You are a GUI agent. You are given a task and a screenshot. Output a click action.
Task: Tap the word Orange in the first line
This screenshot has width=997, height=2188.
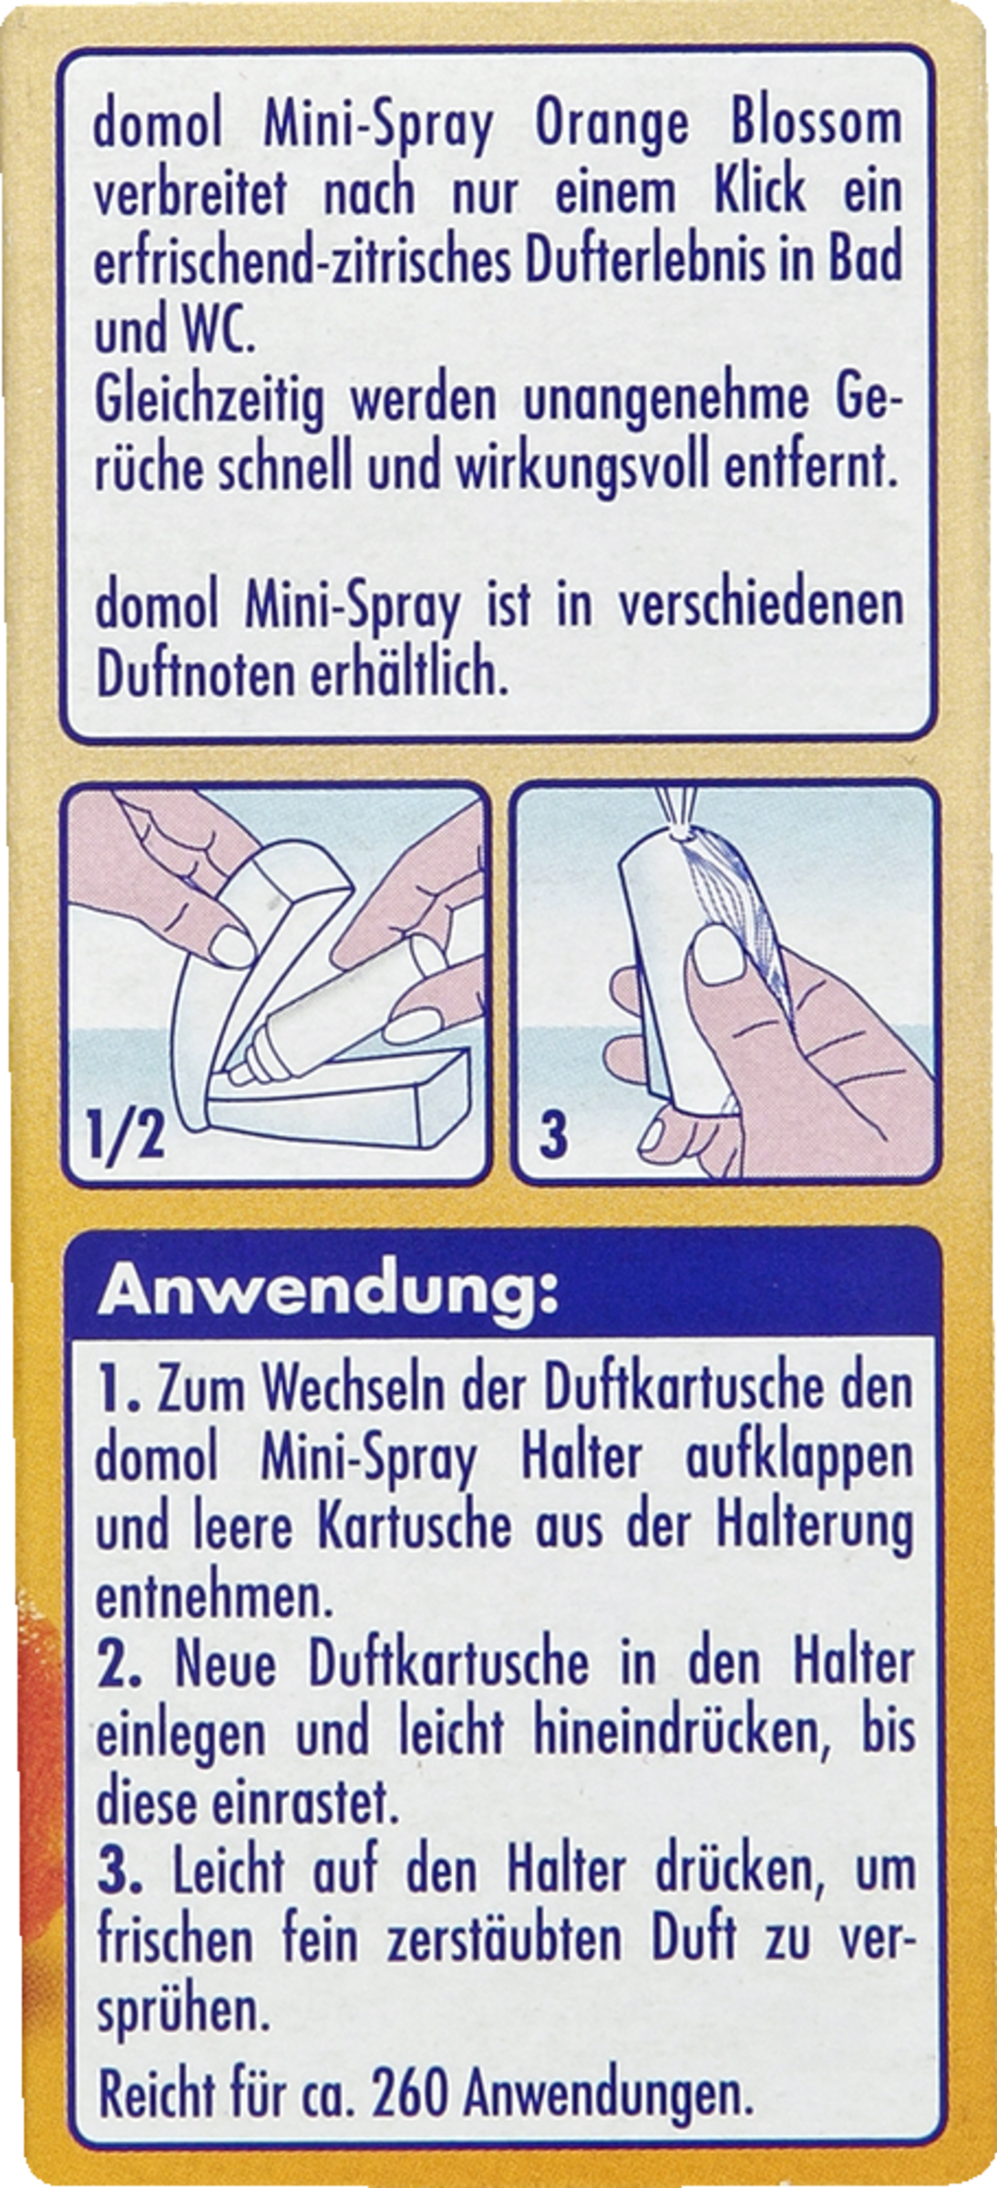click(x=612, y=127)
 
